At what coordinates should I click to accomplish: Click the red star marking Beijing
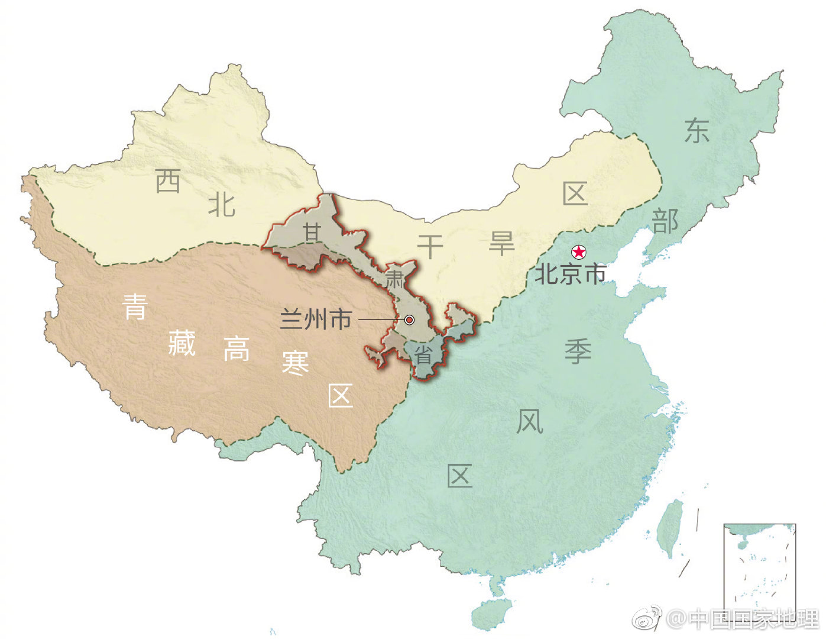(x=578, y=253)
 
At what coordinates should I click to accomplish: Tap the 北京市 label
(x=570, y=274)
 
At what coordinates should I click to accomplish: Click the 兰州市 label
(x=316, y=319)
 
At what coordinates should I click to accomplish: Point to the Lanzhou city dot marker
(x=409, y=320)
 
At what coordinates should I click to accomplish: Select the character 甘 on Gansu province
(x=312, y=233)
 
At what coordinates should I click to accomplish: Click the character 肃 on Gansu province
(x=396, y=277)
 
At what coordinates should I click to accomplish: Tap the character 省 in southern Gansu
(x=423, y=354)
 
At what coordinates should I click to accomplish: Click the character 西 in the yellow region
(x=168, y=181)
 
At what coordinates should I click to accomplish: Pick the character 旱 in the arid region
(x=501, y=243)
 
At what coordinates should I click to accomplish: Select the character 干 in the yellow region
(x=430, y=246)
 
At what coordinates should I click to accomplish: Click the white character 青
(x=135, y=307)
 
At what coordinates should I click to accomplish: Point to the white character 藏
(x=182, y=343)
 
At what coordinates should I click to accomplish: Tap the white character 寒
(x=295, y=363)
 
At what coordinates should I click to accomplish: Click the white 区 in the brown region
(x=341, y=396)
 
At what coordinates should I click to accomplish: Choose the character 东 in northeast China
(x=697, y=130)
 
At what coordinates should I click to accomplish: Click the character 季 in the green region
(x=578, y=351)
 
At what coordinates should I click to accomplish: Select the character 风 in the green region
(x=529, y=422)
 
